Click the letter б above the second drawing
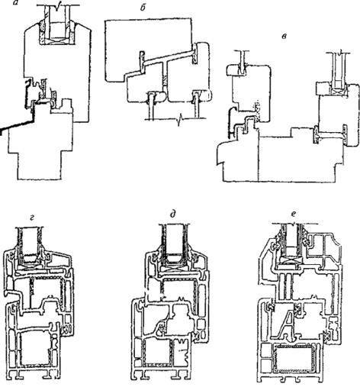[143, 8]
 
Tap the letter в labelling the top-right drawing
[284, 36]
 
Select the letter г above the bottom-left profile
[32, 217]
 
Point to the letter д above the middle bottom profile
[173, 214]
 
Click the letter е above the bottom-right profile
[294, 214]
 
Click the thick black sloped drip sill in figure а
[18, 124]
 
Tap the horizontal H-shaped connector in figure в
[330, 134]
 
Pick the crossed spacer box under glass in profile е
[290, 260]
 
